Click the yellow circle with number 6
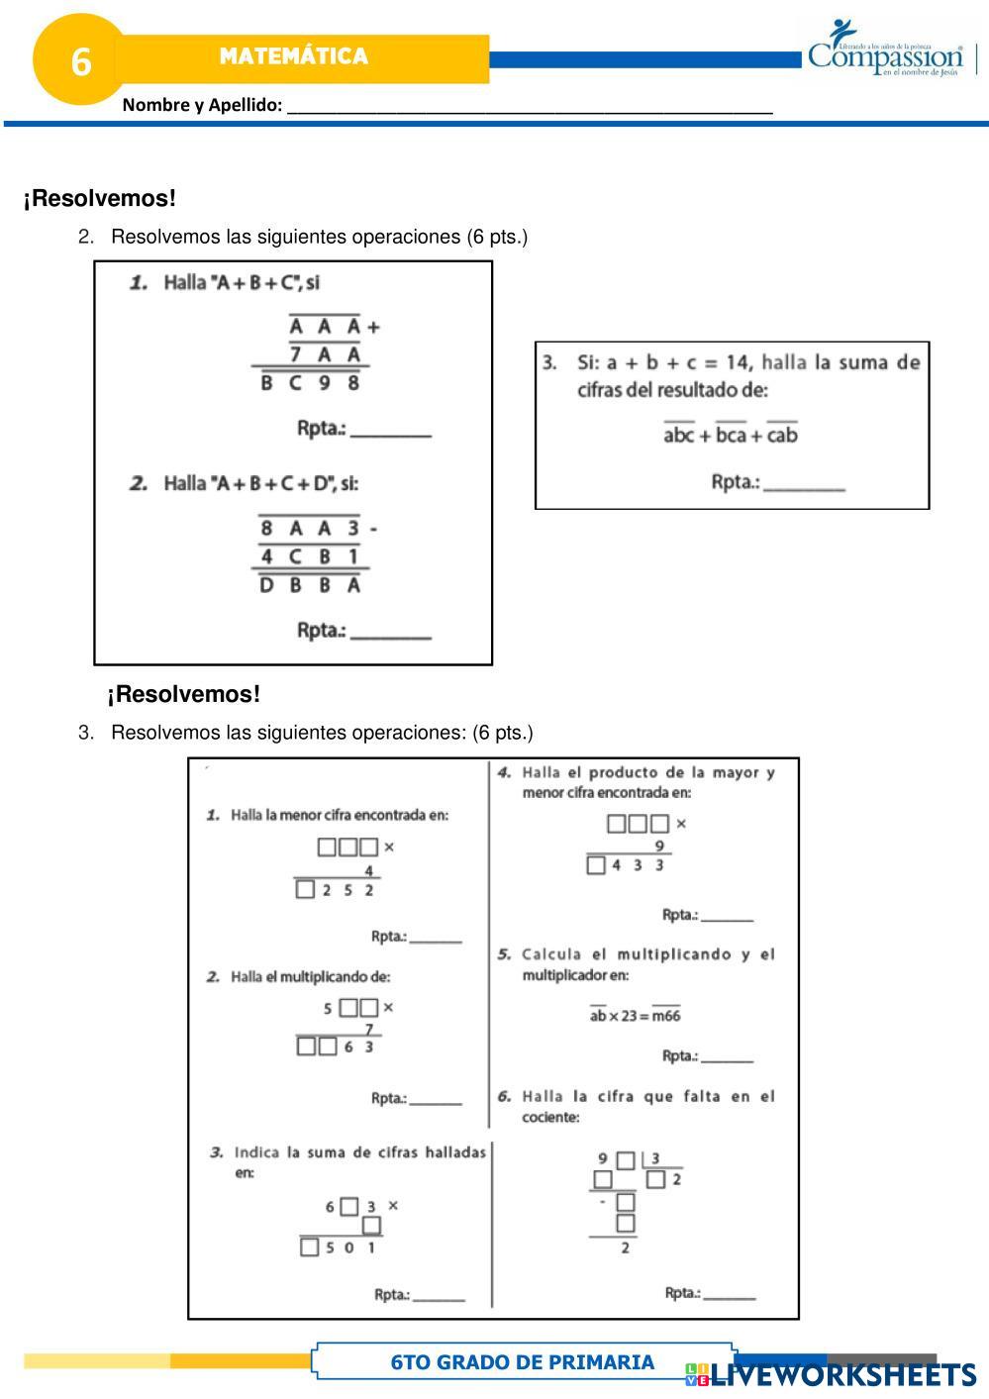point(80,61)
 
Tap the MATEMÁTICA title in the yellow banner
point(293,56)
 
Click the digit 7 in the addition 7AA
point(295,353)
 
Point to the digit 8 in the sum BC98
point(352,381)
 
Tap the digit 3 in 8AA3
point(352,528)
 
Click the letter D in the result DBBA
point(266,584)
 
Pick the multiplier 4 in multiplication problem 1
point(369,870)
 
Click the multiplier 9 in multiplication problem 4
point(659,846)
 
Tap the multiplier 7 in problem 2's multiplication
point(369,1030)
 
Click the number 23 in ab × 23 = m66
point(630,1015)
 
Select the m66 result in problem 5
point(666,1015)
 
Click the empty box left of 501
point(309,1248)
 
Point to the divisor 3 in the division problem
point(655,1158)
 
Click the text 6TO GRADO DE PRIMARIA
point(523,1362)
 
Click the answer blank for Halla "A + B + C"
point(391,431)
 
